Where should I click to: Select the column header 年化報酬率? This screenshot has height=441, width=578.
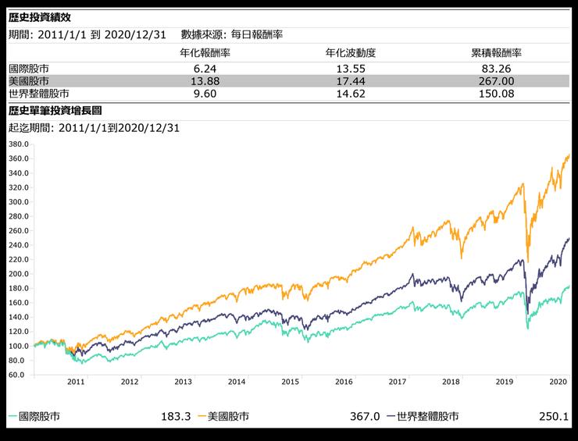point(205,53)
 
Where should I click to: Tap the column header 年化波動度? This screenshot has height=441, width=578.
point(351,53)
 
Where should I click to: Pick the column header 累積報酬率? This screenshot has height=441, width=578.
point(496,53)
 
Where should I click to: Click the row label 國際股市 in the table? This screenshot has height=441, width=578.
point(28,68)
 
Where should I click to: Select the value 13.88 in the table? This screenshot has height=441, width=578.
point(205,81)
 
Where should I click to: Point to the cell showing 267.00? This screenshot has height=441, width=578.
point(496,81)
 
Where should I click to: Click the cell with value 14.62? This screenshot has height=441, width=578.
point(351,94)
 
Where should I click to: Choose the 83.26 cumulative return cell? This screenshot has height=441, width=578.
point(496,68)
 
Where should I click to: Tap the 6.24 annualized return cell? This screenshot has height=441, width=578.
point(205,68)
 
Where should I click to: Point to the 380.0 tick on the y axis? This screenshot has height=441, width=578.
point(19,144)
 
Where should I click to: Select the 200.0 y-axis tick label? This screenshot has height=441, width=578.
point(19,274)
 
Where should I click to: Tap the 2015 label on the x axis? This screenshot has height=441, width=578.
point(290,382)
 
